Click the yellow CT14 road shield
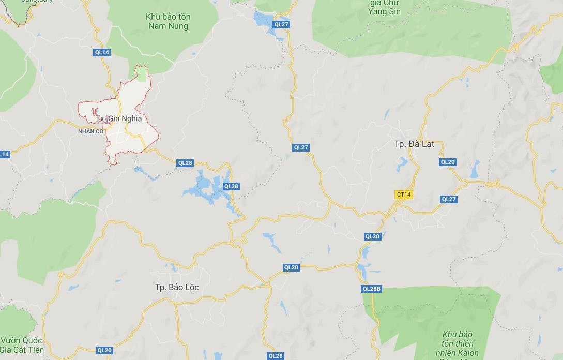click(x=403, y=194)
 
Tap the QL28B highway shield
click(x=371, y=289)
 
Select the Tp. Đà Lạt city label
click(x=414, y=144)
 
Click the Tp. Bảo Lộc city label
click(x=177, y=287)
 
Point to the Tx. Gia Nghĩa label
click(x=119, y=119)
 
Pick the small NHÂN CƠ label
click(x=90, y=131)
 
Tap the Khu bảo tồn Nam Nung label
click(x=168, y=21)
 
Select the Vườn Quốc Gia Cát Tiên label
click(x=22, y=345)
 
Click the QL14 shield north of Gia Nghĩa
click(x=102, y=52)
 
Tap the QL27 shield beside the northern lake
click(x=282, y=24)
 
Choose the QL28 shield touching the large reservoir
click(x=231, y=186)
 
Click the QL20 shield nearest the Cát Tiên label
click(x=104, y=350)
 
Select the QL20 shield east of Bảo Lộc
click(x=291, y=267)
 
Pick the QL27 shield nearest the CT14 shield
click(x=449, y=199)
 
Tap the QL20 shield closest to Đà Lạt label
click(x=448, y=162)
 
